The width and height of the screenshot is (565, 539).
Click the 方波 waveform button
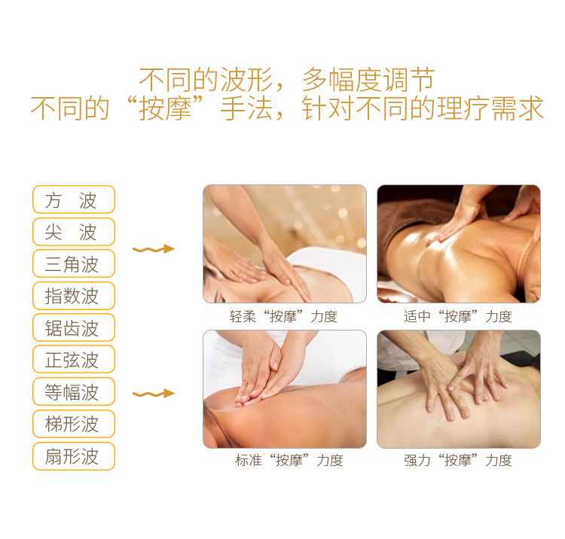coord(74,199)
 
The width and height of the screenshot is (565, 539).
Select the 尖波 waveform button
coord(74,232)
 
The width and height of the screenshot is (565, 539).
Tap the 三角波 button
coord(74,263)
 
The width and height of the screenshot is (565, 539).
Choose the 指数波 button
coord(74,296)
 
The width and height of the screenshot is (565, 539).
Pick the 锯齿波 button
coord(74,327)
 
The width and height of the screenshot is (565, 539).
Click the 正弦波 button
coord(74,359)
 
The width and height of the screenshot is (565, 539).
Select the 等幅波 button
coord(74,391)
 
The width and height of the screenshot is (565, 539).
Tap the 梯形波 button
coord(74,424)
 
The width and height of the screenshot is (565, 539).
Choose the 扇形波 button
coord(74,456)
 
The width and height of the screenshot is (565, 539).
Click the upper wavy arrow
coord(154,249)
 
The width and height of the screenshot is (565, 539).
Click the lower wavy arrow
coord(154,394)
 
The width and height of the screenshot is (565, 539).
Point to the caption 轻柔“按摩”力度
coord(283,316)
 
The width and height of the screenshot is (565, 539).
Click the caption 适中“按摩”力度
coord(458,316)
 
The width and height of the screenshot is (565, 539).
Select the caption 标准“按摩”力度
coord(289,460)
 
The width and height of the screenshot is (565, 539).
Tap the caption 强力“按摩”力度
coord(458,460)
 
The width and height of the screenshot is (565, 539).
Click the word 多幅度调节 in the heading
coord(368,80)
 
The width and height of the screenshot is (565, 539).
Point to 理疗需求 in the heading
coord(490,108)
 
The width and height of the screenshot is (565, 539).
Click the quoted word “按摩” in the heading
coord(166,108)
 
